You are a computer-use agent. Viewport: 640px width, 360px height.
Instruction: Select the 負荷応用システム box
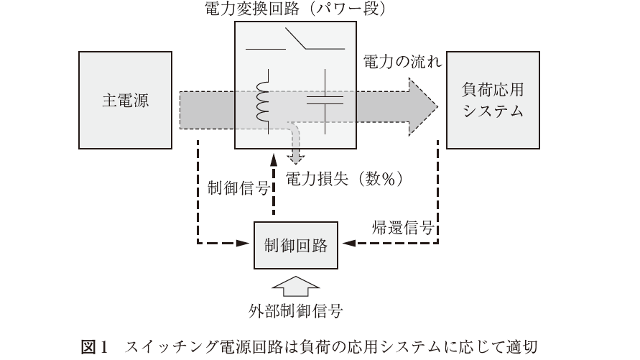[492, 101]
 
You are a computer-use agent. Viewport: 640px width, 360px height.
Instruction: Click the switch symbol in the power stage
[296, 41]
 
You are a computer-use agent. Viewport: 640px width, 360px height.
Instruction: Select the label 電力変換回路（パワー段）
[296, 9]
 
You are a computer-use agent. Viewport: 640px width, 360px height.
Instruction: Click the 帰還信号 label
[402, 228]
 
